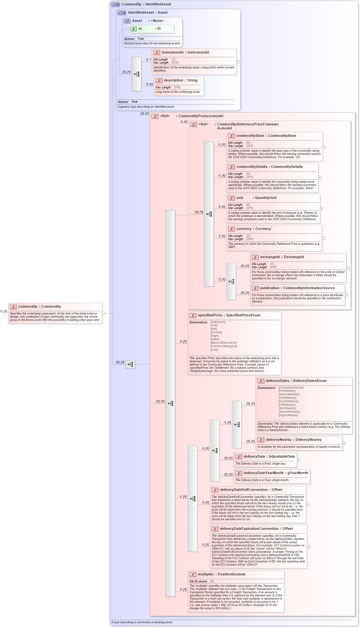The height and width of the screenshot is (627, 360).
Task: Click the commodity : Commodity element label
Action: click(39, 307)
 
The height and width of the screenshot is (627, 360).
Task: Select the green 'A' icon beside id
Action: click(134, 29)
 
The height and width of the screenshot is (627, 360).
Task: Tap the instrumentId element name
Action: click(172, 53)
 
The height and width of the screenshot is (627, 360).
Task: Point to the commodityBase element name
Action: click(250, 136)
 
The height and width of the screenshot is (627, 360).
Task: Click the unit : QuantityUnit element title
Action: click(256, 198)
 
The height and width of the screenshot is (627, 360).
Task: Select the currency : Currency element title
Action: click(253, 229)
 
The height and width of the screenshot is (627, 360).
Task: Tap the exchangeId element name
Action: click(270, 257)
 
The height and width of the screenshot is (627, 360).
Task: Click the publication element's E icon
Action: click(255, 288)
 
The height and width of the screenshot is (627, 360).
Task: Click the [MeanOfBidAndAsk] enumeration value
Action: click(224, 343)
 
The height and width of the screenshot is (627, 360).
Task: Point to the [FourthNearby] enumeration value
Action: click(288, 401)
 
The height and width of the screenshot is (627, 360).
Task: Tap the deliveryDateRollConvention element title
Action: click(251, 490)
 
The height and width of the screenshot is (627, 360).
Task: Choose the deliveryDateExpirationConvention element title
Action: click(256, 529)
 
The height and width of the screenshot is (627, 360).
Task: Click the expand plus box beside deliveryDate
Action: click(298, 460)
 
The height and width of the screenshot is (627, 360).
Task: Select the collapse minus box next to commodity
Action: click(104, 313)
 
